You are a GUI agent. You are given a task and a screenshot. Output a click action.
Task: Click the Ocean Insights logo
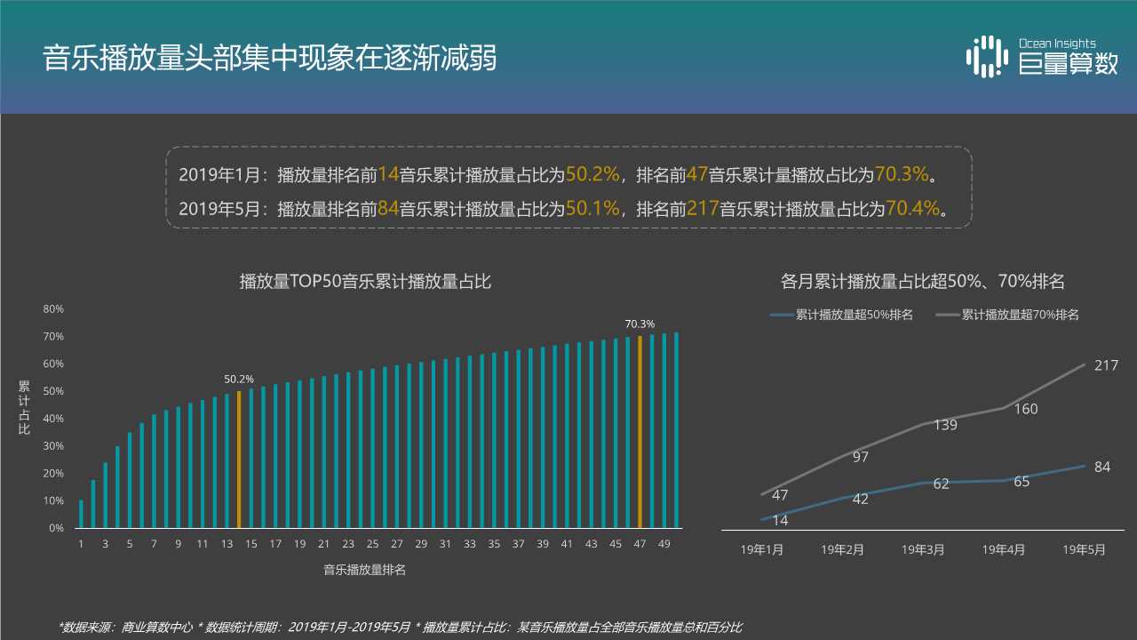pos(1041,56)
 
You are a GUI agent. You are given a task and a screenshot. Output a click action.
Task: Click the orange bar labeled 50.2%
pos(239,459)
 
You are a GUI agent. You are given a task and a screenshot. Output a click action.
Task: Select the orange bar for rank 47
pos(640,431)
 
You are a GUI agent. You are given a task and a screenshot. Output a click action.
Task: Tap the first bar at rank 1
pos(81,514)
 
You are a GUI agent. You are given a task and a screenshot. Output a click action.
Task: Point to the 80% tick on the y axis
pos(53,308)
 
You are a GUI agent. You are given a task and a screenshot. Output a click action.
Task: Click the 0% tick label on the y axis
pos(55,528)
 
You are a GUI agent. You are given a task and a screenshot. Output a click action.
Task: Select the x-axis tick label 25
pos(372,544)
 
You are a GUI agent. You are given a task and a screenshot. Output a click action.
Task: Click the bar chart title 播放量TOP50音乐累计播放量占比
pos(365,282)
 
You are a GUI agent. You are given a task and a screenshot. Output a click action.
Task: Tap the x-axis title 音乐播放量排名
pos(365,570)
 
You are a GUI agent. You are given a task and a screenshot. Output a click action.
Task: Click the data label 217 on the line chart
pos(1106,365)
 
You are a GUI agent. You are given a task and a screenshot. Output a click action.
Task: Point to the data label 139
pos(945,425)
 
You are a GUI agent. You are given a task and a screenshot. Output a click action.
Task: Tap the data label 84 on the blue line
pos(1102,467)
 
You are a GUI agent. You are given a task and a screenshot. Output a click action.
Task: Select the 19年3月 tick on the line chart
pos(923,549)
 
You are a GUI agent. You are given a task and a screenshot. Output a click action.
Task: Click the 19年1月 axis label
pos(762,549)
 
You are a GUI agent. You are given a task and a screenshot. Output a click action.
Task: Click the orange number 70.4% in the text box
pos(913,209)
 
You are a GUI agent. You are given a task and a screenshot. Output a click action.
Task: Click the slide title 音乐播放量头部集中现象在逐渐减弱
pos(270,59)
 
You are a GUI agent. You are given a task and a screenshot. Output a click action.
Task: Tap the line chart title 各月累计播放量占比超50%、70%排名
pos(922,282)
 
